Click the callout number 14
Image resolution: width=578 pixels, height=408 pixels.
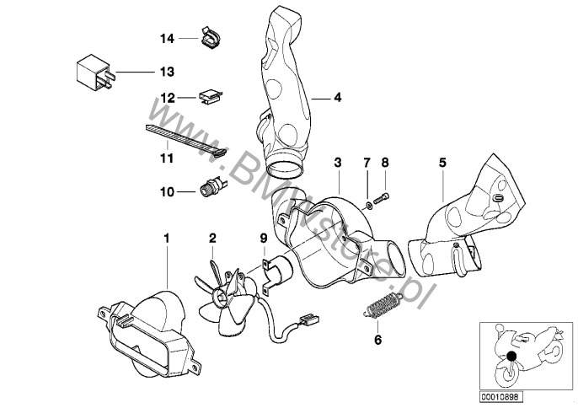click(x=167, y=39)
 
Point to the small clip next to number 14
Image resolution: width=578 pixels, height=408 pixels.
click(x=208, y=38)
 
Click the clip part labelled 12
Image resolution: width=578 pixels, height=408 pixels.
click(x=209, y=96)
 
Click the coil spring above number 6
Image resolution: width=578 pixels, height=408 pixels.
click(x=381, y=307)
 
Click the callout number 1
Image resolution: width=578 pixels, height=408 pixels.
click(x=167, y=238)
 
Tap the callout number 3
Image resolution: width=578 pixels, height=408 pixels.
click(x=337, y=161)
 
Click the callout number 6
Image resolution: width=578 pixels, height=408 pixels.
click(x=377, y=341)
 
